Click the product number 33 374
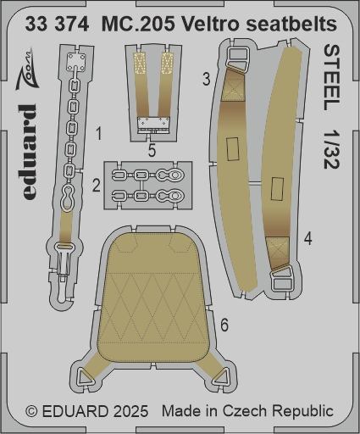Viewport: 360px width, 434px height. pos(57,24)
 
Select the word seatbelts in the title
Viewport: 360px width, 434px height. pos(291,24)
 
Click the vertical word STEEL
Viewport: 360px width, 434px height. pos(332,78)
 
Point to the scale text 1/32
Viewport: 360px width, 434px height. pos(332,150)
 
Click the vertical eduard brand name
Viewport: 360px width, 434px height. pos(29,152)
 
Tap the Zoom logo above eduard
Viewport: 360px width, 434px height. pos(26,70)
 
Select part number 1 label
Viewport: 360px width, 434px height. pos(98,134)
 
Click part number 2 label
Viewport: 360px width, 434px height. pos(97,186)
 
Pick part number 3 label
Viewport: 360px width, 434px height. pos(207,80)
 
